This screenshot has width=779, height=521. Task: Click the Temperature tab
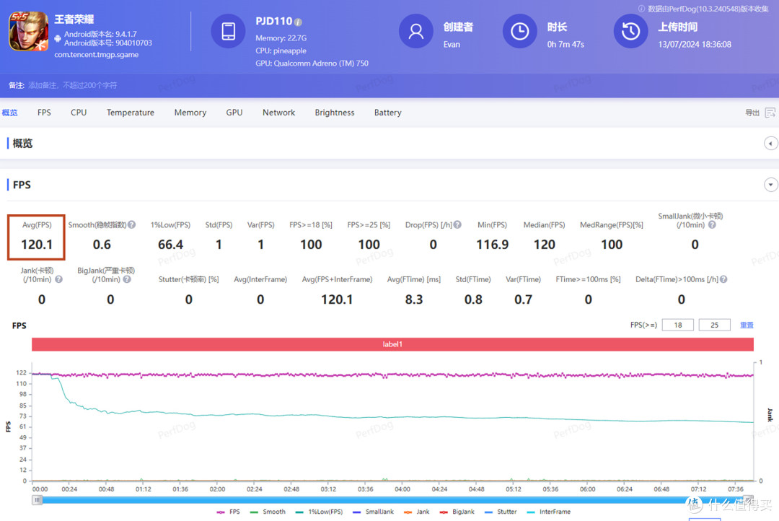coord(130,113)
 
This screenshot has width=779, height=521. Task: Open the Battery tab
coord(387,113)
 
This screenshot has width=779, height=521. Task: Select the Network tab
coord(278,113)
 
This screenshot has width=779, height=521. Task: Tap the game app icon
coord(28,31)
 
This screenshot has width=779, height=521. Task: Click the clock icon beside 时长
coord(519,31)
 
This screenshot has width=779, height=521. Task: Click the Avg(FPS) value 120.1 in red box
coord(37,245)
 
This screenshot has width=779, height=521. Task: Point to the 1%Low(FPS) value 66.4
coord(170,245)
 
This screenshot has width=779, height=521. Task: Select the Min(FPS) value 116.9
coord(493,245)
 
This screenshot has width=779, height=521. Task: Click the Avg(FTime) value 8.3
coord(414,299)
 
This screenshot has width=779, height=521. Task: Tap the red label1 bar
coord(392,344)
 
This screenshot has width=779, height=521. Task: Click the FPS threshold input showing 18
coord(677,325)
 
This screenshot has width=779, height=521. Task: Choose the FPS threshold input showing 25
coord(714,325)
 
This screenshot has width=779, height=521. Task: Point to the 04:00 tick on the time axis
coord(402,489)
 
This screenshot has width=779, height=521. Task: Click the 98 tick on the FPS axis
coord(23,394)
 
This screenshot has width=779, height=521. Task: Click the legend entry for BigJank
coord(457,512)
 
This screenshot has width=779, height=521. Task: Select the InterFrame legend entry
coord(548,512)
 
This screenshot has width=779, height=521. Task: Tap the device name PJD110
coord(274,22)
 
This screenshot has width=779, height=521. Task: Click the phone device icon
coord(229,31)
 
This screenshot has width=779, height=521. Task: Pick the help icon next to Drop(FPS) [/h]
coord(457,224)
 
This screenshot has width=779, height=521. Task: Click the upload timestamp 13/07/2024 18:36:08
coord(695,44)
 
